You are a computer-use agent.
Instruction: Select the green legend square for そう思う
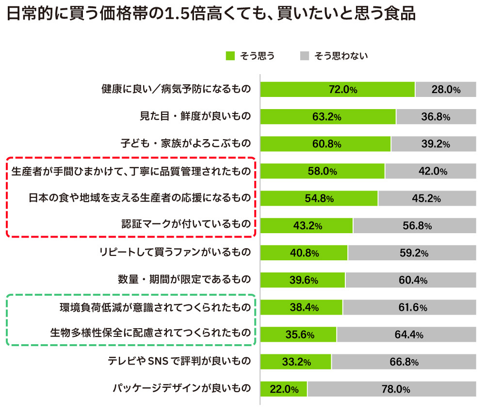230,56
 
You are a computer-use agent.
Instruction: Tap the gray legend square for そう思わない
305,56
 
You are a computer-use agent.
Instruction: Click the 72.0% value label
343,90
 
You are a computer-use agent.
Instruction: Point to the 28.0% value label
446,90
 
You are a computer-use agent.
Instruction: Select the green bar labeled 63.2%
328,117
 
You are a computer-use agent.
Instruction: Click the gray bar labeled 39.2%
434,144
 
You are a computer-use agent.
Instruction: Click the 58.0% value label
322,171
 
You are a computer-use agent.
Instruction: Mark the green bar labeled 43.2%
307,225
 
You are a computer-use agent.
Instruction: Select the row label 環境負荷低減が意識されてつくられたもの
155,307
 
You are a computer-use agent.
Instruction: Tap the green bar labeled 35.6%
298,334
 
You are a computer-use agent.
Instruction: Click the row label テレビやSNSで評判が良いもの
179,361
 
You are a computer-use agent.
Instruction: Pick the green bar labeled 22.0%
284,389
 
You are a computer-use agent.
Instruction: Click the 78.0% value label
396,389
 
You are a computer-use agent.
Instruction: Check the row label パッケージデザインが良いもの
181,388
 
